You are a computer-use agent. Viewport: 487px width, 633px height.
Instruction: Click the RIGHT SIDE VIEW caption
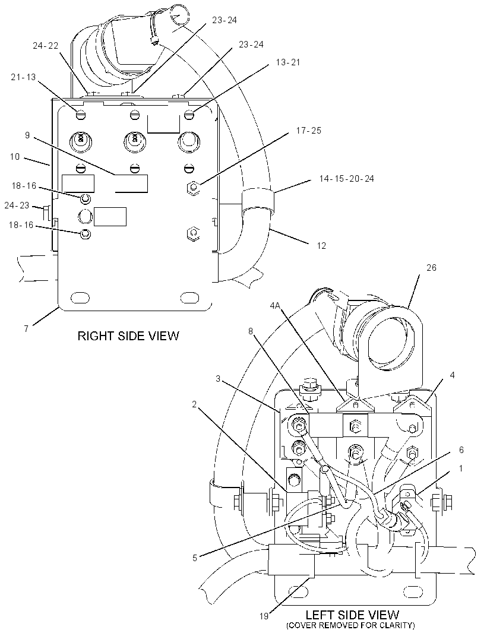(128, 336)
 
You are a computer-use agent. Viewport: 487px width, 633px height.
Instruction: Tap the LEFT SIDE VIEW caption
(352, 615)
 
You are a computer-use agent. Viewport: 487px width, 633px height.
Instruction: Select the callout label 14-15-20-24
(346, 178)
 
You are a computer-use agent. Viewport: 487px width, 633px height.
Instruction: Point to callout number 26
(431, 268)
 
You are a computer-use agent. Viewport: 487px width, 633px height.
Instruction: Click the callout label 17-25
(309, 131)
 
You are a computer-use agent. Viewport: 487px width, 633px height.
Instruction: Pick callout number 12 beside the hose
(321, 245)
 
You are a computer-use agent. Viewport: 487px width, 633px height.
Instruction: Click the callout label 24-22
(45, 46)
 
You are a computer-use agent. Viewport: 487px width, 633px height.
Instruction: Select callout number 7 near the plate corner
(26, 328)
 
